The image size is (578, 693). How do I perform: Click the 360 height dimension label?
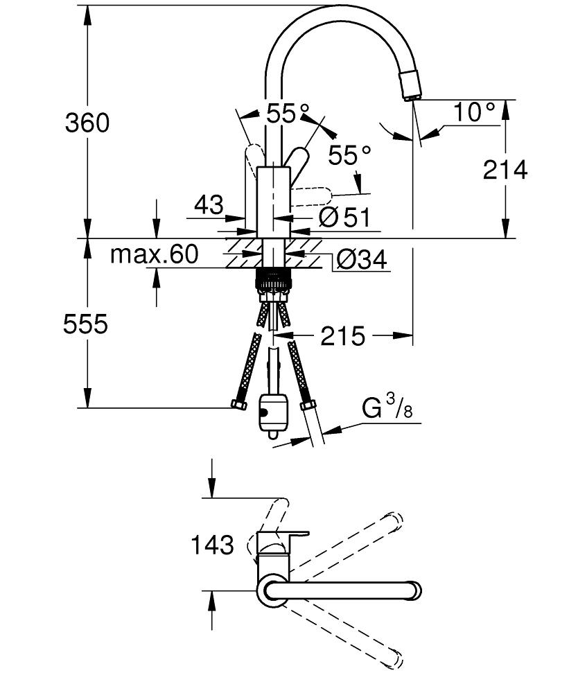[x=87, y=123]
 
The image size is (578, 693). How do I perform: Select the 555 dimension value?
[x=85, y=324]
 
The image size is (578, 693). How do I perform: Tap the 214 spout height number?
[x=505, y=170]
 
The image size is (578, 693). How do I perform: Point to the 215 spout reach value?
[x=343, y=336]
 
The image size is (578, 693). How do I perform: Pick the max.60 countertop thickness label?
[x=155, y=254]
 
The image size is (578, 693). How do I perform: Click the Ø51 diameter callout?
[x=344, y=217]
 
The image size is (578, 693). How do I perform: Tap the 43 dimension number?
[x=209, y=204]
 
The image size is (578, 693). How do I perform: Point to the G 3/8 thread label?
[x=387, y=407]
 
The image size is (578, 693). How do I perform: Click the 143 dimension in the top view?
[x=212, y=545]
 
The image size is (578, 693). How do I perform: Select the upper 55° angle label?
[x=288, y=114]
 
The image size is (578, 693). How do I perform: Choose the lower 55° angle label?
[x=349, y=155]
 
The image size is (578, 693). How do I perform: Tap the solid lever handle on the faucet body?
[x=297, y=164]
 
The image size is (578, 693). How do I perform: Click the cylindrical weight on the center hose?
[x=272, y=414]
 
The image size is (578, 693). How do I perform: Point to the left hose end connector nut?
[x=239, y=404]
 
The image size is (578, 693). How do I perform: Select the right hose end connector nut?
[x=308, y=405]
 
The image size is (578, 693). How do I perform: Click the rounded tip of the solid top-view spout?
[x=415, y=590]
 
